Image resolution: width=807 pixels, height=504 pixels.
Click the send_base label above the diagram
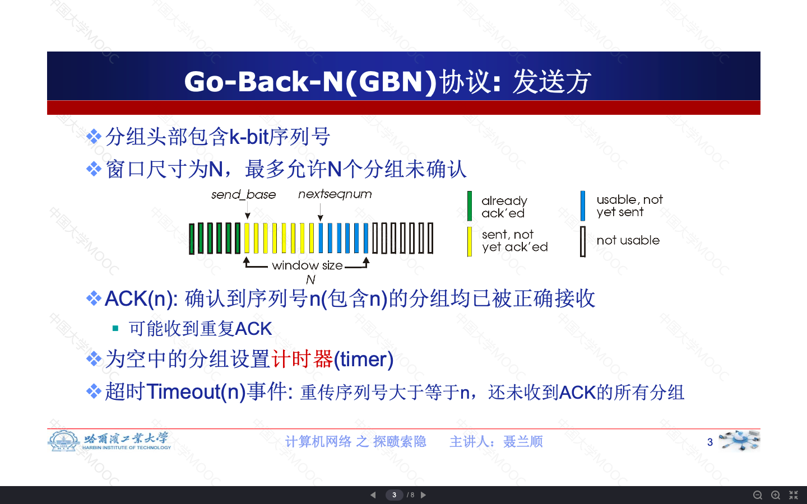(x=244, y=195)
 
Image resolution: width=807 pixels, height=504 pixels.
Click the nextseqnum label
(x=335, y=194)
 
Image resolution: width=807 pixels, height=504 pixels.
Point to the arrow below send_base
(x=247, y=211)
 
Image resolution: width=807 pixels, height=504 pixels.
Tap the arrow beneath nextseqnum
(x=321, y=212)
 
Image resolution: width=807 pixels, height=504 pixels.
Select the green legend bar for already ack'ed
(x=470, y=206)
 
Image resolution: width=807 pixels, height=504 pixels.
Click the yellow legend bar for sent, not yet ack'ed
(x=470, y=241)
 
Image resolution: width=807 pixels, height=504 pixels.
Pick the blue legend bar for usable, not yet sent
(x=583, y=206)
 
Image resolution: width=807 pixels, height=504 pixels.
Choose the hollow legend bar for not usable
(x=583, y=241)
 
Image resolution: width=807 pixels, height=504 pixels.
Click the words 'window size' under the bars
(x=307, y=265)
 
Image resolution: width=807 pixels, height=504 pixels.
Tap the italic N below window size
(x=310, y=280)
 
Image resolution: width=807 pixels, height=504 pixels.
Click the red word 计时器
(x=302, y=359)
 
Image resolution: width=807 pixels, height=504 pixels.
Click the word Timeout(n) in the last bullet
(x=196, y=391)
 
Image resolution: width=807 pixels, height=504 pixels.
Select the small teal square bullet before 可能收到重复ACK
(x=115, y=328)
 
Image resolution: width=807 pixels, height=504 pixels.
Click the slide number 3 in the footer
(x=709, y=442)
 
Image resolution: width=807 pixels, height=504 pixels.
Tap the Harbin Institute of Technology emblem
(x=63, y=441)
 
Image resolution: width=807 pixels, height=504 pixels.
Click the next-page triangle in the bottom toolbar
(x=423, y=495)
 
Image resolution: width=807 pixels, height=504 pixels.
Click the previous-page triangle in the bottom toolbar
(x=373, y=495)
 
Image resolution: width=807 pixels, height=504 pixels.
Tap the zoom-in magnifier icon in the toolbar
(x=776, y=495)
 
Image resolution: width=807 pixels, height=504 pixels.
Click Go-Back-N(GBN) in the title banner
(x=310, y=82)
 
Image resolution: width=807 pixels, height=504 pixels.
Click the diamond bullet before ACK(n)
(x=94, y=298)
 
